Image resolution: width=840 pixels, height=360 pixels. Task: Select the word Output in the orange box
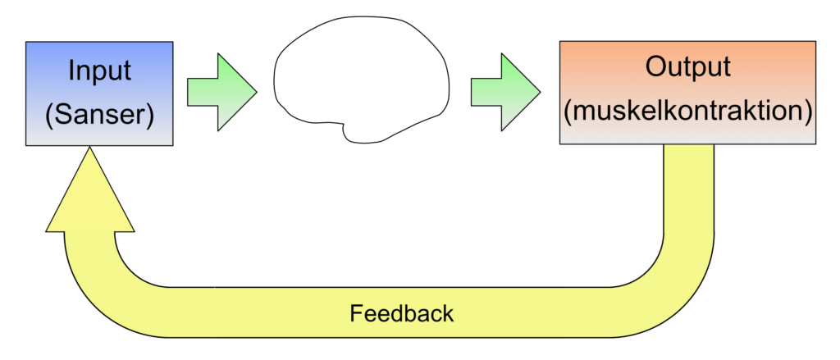[687, 67]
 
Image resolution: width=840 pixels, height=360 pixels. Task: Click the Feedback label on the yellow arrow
[401, 313]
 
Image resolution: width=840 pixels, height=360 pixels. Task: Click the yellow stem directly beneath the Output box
[687, 189]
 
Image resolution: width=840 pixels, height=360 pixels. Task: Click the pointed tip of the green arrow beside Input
[253, 91]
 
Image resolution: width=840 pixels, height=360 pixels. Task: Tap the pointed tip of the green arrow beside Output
[537, 91]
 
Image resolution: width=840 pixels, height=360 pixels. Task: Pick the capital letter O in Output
[654, 67]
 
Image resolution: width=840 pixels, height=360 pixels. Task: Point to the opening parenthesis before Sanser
[48, 115]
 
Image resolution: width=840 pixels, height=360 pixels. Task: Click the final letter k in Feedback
[448, 313]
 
